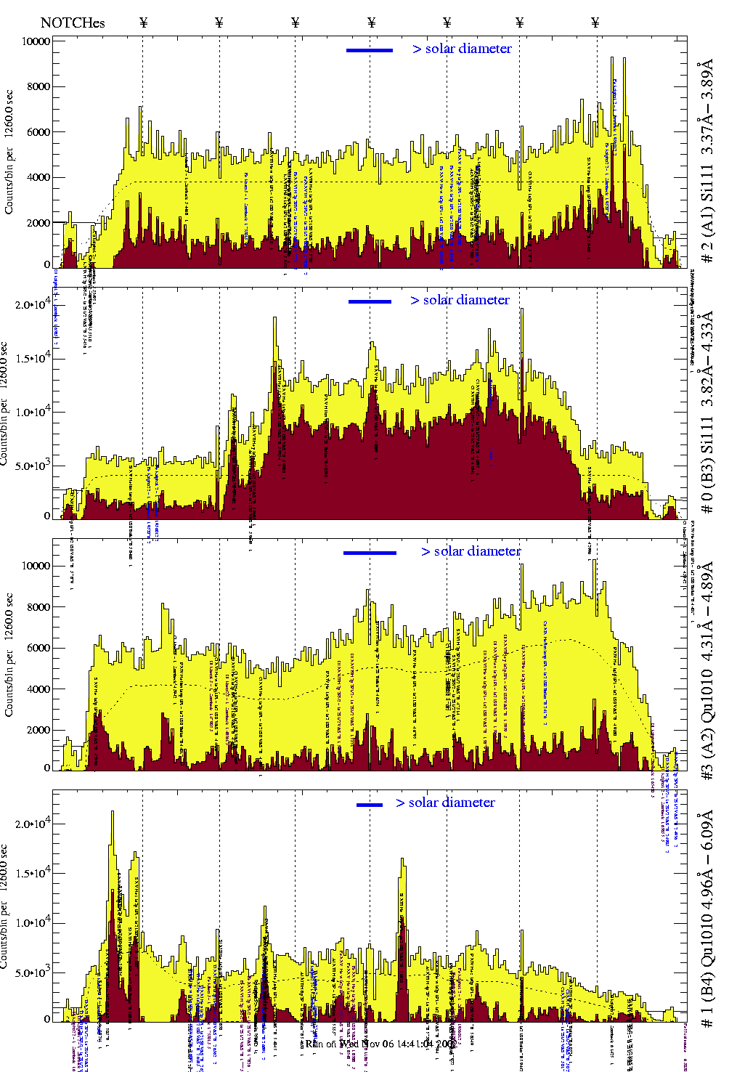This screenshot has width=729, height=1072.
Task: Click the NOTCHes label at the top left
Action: (73, 23)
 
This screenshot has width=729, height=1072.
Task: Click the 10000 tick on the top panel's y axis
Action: (36, 41)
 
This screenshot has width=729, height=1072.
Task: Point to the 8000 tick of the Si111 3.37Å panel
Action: (36, 86)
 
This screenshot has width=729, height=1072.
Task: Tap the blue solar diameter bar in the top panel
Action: (370, 50)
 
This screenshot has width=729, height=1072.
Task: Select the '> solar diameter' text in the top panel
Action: (463, 49)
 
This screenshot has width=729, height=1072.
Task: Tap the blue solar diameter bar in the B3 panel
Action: (370, 301)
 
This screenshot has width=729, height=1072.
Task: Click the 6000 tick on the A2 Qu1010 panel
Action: (36, 648)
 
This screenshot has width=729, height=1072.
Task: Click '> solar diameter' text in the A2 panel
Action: (471, 551)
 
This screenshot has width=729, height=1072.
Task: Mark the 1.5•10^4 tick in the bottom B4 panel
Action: (33, 874)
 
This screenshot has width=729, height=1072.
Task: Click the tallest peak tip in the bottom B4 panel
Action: (112, 812)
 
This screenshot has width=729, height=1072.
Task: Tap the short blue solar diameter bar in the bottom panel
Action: (370, 805)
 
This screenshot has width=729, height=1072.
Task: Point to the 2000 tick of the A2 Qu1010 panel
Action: (36, 730)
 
